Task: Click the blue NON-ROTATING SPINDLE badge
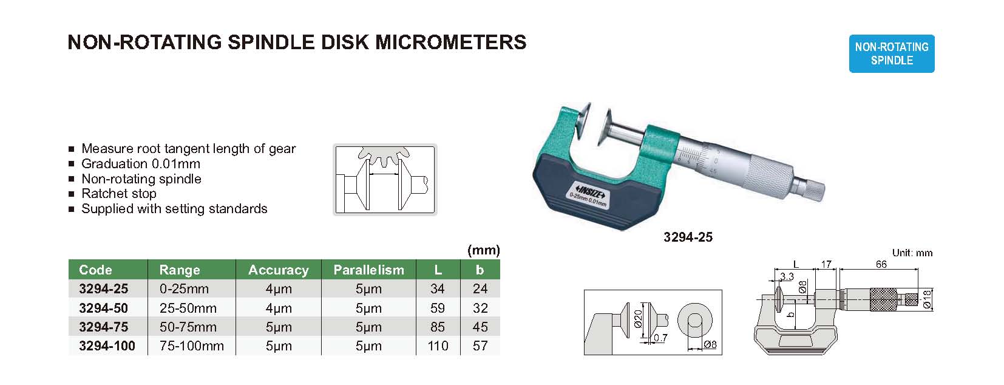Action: click(892, 53)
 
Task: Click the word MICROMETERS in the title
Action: click(451, 42)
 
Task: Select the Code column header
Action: click(95, 270)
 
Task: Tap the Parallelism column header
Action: click(369, 270)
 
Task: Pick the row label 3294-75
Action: click(104, 327)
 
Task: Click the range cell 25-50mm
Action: click(188, 308)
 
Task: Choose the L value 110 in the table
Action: click(438, 346)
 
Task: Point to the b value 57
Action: click(480, 346)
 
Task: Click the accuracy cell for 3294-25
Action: click(279, 288)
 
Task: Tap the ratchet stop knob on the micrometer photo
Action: click(812, 191)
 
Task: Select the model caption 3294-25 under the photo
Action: click(688, 237)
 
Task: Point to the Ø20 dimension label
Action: click(638, 319)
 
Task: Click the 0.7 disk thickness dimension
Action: click(660, 338)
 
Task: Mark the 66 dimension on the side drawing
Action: click(881, 264)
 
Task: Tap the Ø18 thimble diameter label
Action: click(928, 299)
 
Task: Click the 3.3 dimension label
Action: click(787, 276)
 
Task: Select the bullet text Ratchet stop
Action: click(119, 194)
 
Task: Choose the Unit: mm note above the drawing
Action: click(912, 253)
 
